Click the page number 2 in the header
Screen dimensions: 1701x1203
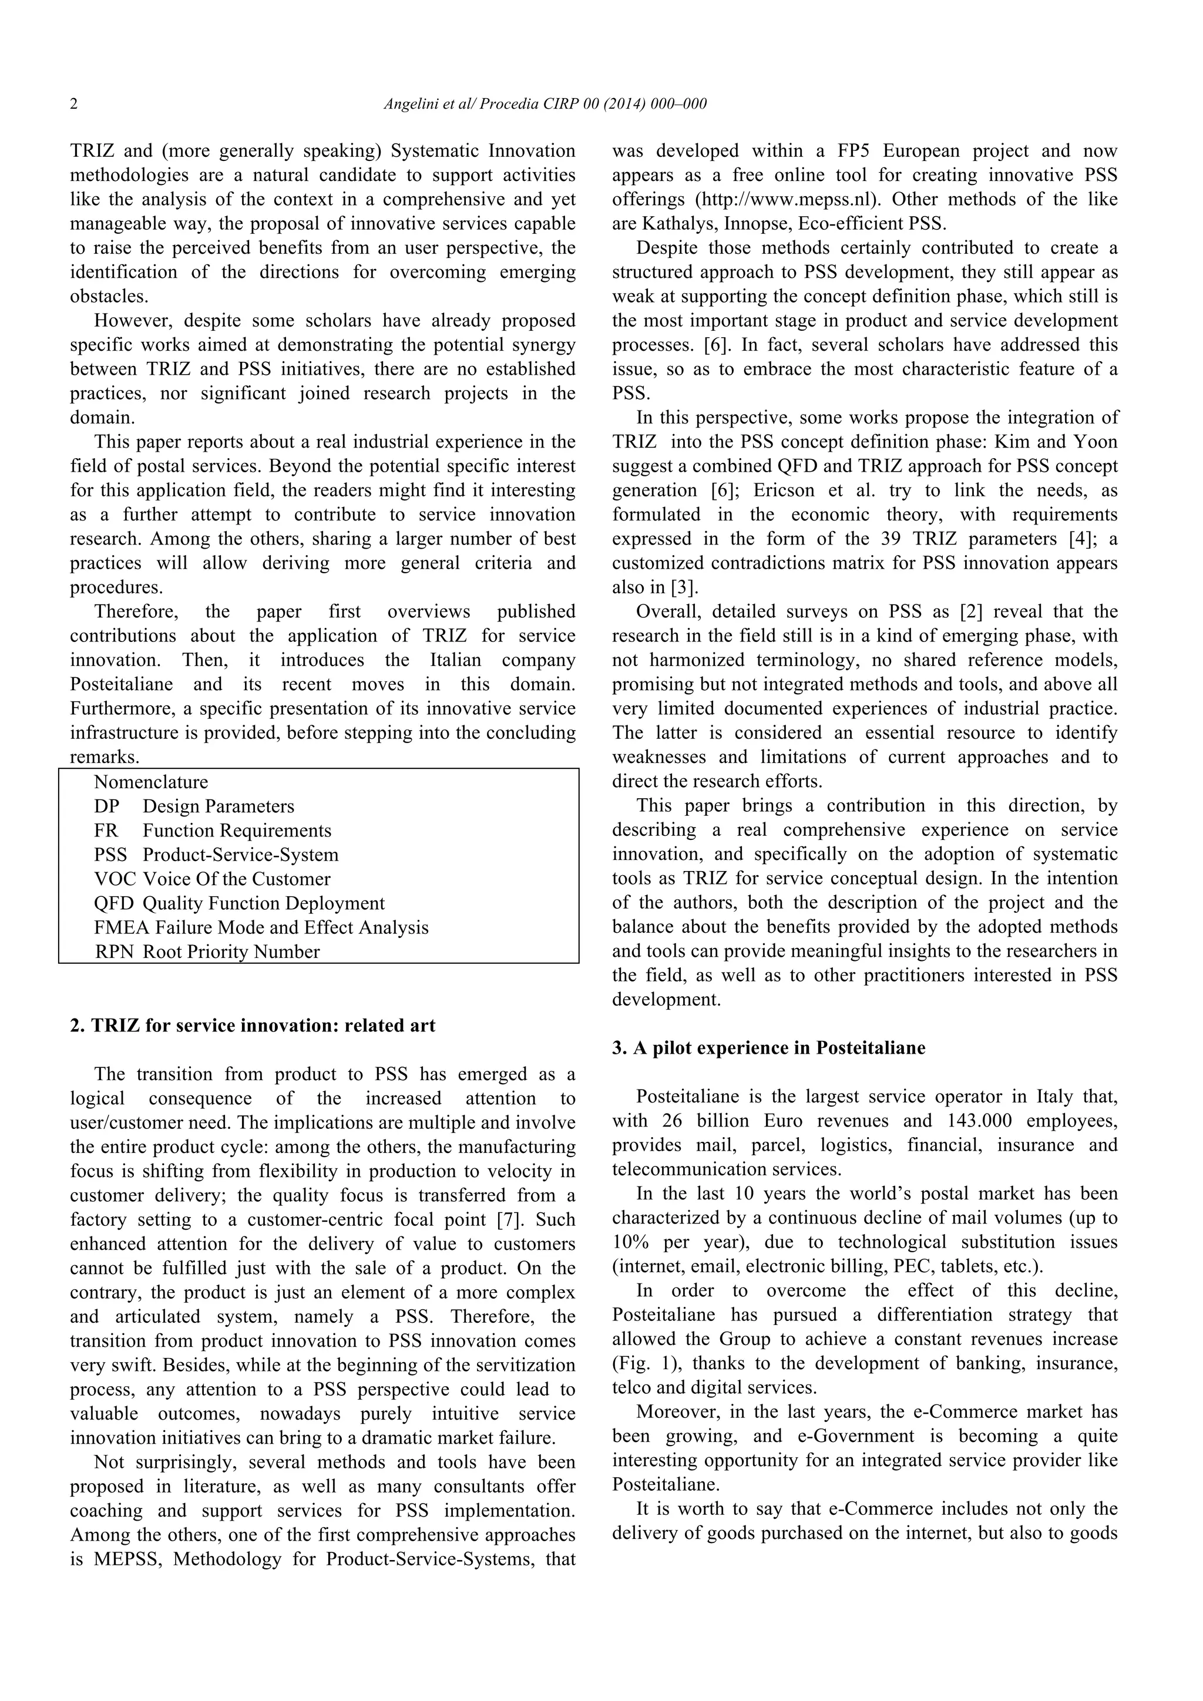pos(74,105)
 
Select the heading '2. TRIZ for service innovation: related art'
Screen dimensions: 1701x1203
pos(253,1026)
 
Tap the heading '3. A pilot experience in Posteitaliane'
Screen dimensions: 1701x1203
pos(768,1048)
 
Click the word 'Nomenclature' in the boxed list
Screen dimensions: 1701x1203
pos(151,782)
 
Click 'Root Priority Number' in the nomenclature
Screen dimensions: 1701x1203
pos(231,952)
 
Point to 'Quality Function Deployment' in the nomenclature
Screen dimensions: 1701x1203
pos(264,903)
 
